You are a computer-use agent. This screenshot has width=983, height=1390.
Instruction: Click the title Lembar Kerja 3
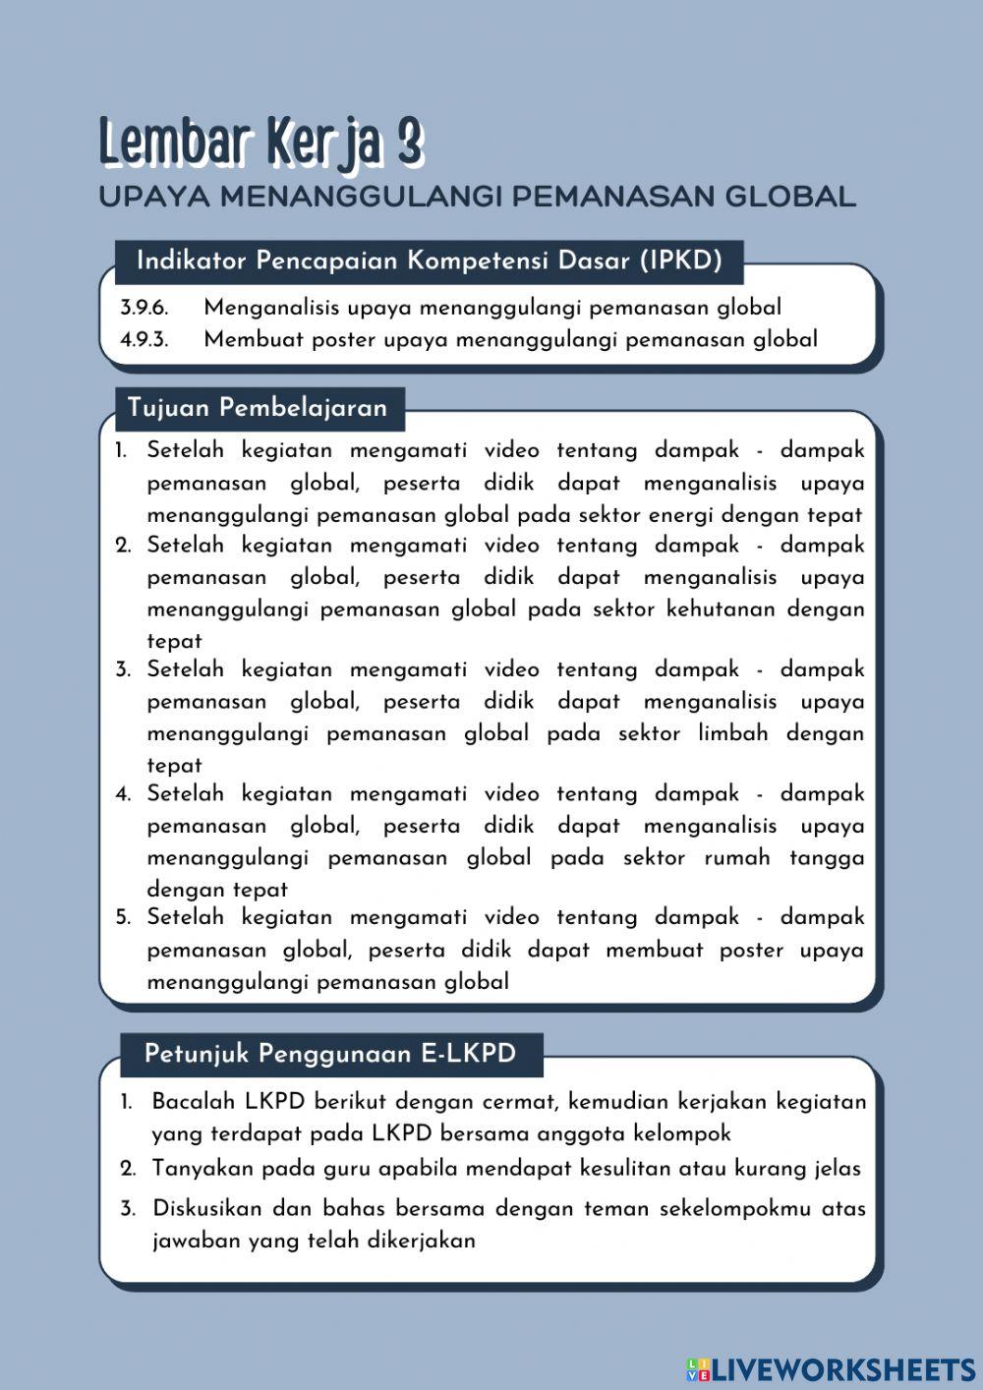[x=260, y=144]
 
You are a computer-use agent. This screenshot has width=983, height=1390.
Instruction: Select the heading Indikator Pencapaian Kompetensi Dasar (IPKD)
[x=430, y=261]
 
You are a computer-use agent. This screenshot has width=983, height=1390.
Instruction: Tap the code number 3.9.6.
[x=145, y=308]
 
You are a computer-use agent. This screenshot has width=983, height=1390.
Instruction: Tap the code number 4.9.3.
[x=145, y=340]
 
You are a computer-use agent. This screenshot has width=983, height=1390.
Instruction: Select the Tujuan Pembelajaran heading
[x=258, y=408]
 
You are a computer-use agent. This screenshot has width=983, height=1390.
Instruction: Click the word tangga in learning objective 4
[x=827, y=858]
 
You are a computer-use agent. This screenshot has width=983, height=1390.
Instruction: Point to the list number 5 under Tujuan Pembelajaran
[x=123, y=918]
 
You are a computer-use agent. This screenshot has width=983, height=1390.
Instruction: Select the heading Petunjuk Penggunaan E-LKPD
[x=330, y=1054]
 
